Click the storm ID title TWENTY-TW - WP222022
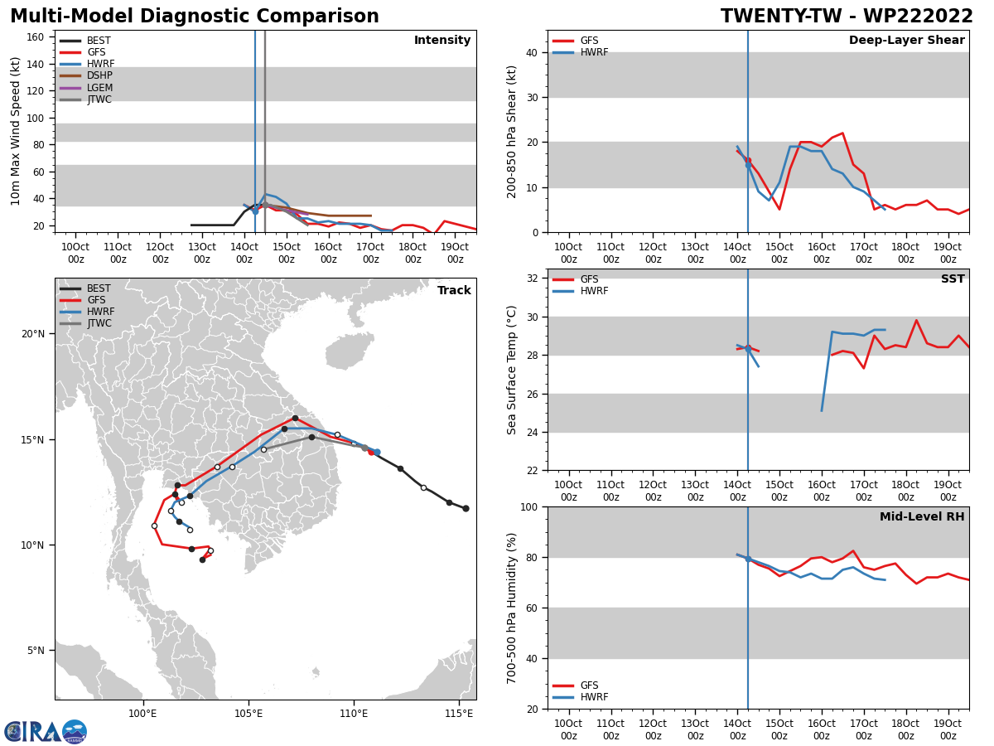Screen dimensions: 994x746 (847, 16)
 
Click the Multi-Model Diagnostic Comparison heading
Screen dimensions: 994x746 (195, 16)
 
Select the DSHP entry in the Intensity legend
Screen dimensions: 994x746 (86, 75)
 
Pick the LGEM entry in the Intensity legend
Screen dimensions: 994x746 (86, 87)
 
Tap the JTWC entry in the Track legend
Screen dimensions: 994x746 (86, 323)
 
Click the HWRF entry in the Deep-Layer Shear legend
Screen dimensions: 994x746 (581, 52)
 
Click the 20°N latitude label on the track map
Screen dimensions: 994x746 (33, 334)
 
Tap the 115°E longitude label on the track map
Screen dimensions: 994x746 (459, 714)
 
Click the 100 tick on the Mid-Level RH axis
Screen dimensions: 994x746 (529, 506)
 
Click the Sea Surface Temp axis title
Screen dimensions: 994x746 (511, 370)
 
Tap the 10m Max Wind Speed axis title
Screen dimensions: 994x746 (15, 131)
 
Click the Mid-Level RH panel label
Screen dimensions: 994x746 (922, 516)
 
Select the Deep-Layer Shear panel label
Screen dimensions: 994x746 (906, 40)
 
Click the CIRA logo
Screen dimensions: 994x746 (46, 732)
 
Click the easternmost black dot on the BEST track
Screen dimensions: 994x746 (466, 509)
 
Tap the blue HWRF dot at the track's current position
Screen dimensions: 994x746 (377, 452)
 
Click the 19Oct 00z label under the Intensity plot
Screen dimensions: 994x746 (455, 253)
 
